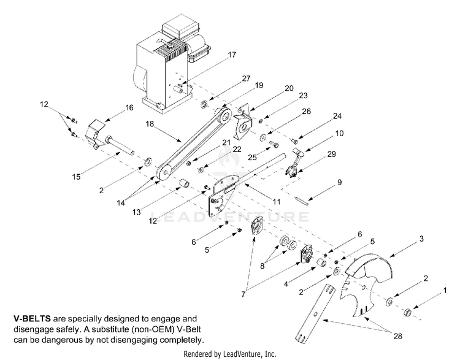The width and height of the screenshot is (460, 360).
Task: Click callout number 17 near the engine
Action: point(232,55)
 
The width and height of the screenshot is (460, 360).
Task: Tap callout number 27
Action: point(246,79)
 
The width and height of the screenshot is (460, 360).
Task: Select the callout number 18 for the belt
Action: point(150,124)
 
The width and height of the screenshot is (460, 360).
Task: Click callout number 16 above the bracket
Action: point(129,108)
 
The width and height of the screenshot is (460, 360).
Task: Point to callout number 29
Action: point(331,154)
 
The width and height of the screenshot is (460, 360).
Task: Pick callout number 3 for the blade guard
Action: point(421,239)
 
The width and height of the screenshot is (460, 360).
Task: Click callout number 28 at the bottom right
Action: point(398,336)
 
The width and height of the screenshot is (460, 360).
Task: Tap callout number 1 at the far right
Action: point(445,291)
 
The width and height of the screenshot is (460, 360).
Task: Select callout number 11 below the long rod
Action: point(277,202)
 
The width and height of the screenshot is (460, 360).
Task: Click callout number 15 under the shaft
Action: point(76,177)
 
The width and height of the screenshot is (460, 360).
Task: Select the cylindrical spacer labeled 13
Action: point(184,185)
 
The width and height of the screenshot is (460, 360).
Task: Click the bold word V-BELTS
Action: point(32,319)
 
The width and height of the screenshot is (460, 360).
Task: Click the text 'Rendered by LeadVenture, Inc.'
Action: point(230,354)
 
